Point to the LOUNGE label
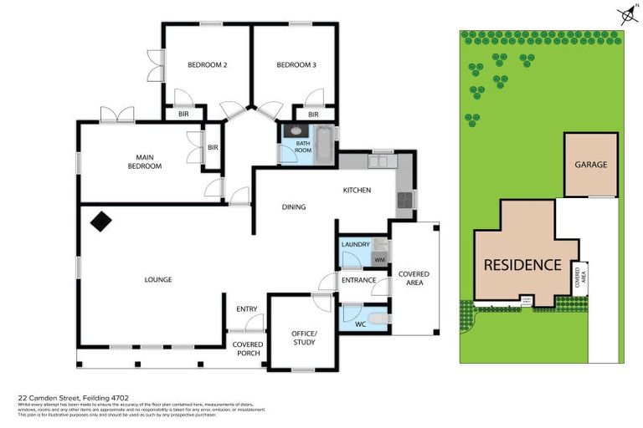(x=157, y=279)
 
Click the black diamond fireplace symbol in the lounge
(x=101, y=222)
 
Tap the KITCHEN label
(x=357, y=191)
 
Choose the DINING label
(x=293, y=207)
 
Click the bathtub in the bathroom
(x=323, y=145)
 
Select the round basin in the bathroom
(x=295, y=130)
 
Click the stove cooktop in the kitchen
(x=404, y=199)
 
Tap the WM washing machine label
(x=378, y=261)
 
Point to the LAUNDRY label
(x=356, y=244)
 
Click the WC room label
(x=362, y=323)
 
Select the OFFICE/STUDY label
(x=303, y=338)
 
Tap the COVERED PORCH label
(x=248, y=349)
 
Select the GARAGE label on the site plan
(x=590, y=165)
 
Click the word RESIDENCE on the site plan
(x=522, y=265)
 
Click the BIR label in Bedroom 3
(x=313, y=115)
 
